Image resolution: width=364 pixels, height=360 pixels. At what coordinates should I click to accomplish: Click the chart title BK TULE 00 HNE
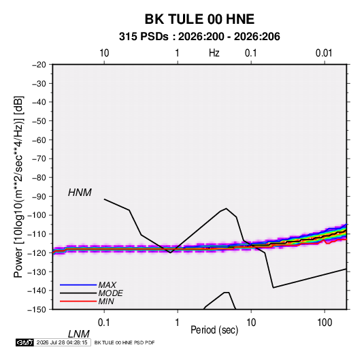pyautogui.click(x=199, y=19)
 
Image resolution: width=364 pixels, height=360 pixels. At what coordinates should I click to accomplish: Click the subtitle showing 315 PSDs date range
pyautogui.click(x=199, y=37)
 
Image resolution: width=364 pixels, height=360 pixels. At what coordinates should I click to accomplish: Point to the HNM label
pyautogui.click(x=80, y=193)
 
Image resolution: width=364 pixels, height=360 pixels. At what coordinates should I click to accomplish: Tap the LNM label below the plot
pyautogui.click(x=78, y=334)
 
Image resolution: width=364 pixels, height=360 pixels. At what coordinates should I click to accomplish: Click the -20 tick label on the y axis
pyautogui.click(x=39, y=65)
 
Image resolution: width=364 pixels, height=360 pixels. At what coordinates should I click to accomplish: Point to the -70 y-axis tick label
pyautogui.click(x=39, y=159)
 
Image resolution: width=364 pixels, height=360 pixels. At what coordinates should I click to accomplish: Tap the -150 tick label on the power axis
pyautogui.click(x=37, y=310)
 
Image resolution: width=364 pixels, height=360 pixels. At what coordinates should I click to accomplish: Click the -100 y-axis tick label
pyautogui.click(x=37, y=215)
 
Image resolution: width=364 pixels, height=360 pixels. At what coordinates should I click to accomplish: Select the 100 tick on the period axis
pyautogui.click(x=325, y=323)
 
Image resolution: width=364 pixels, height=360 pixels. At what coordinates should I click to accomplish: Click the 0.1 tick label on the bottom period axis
pyautogui.click(x=104, y=323)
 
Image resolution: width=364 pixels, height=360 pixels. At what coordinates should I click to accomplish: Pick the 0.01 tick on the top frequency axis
pyautogui.click(x=324, y=53)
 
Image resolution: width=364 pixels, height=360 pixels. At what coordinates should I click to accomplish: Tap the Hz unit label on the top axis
pyautogui.click(x=214, y=53)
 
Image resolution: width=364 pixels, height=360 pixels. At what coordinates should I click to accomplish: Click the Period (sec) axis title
pyautogui.click(x=214, y=330)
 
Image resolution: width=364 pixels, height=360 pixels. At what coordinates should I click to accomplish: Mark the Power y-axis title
pyautogui.click(x=18, y=186)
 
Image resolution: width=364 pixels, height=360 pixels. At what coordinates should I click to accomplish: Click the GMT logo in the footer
pyautogui.click(x=25, y=342)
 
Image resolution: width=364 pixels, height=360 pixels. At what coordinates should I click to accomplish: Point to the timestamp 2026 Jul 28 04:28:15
pyautogui.click(x=62, y=342)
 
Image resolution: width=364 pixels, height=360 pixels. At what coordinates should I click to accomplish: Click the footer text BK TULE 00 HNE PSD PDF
pyautogui.click(x=125, y=342)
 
